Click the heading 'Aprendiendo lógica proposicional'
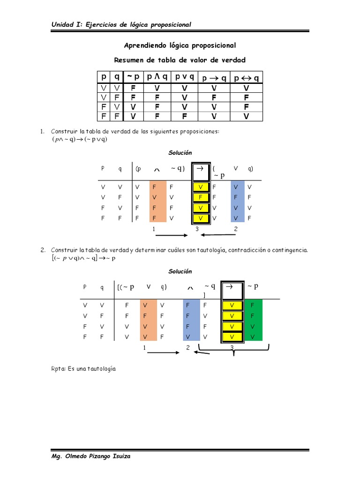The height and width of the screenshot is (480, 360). tap(180, 45)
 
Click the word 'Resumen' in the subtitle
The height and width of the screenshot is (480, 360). tap(129, 60)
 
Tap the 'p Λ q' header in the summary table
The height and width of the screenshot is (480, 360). tap(157, 77)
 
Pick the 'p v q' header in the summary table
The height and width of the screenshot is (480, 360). tap(185, 77)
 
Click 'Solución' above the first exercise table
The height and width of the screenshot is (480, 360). tap(180, 153)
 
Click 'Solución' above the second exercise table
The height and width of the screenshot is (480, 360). tap(180, 271)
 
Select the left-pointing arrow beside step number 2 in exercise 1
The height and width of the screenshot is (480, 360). tap(218, 235)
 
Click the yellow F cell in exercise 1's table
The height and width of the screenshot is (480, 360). tap(200, 197)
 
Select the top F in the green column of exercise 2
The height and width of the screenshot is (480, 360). tap(253, 305)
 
